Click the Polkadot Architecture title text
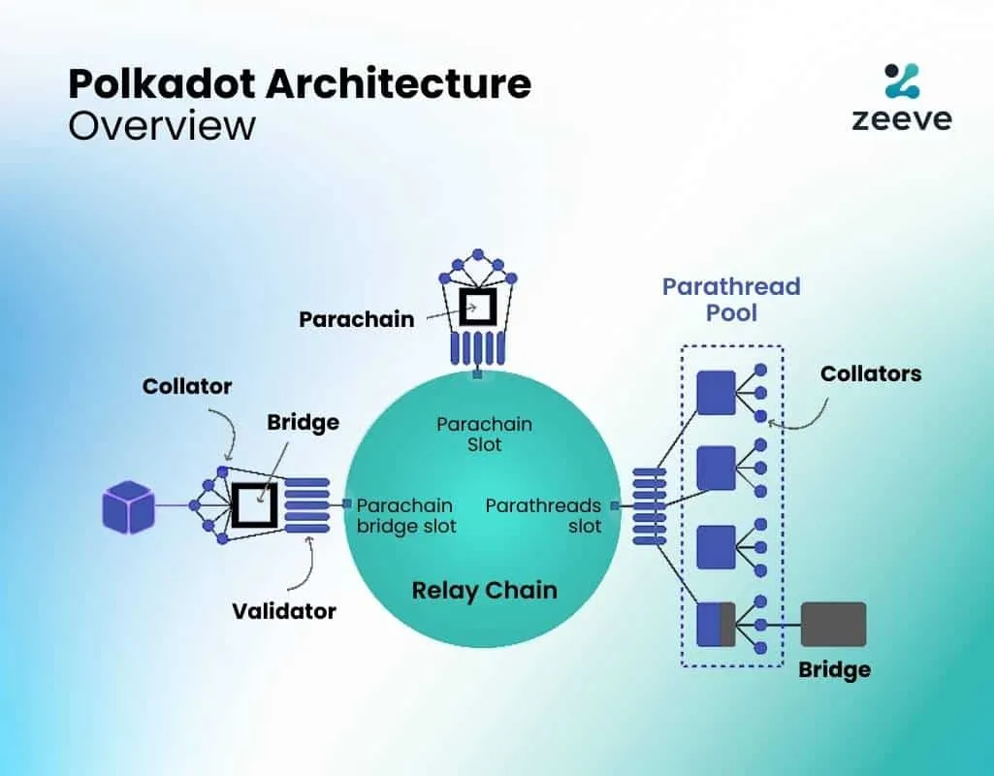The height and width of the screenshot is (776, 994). (x=299, y=84)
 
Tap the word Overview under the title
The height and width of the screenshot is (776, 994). (x=161, y=127)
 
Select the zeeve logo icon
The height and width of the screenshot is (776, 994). (x=901, y=81)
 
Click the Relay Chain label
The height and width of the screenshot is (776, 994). (x=484, y=590)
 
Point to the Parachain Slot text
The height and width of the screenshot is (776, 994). (x=484, y=435)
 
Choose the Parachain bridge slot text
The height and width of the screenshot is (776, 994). (x=405, y=516)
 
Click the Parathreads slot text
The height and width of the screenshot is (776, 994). (x=544, y=516)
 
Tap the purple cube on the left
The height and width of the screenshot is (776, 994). (x=128, y=506)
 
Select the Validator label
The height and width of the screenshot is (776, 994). (x=283, y=611)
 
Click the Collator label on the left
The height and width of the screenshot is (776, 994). (x=187, y=386)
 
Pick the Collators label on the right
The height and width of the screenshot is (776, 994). (x=871, y=373)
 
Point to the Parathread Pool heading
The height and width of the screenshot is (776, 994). (x=731, y=300)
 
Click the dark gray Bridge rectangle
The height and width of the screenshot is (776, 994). (x=833, y=625)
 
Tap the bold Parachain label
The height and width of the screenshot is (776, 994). (x=356, y=319)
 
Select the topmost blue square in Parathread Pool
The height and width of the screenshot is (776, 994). (x=716, y=393)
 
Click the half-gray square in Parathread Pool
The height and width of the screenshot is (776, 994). (x=716, y=625)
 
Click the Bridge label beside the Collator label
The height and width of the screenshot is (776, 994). (x=304, y=422)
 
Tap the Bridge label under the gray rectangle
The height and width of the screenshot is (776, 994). (x=834, y=669)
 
